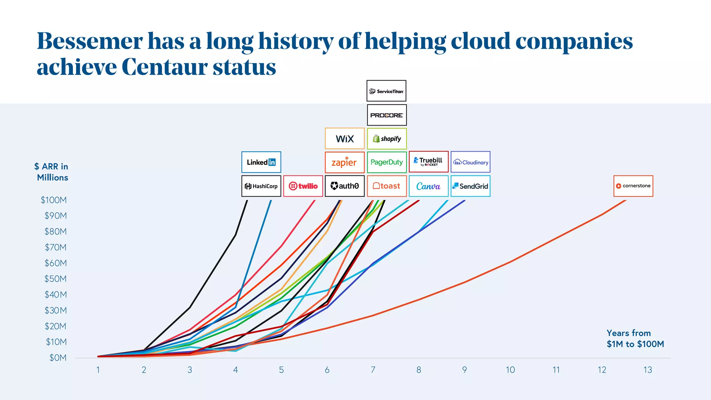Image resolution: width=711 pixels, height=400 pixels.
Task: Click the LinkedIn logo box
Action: tap(261, 162)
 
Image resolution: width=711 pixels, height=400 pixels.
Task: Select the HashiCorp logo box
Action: tap(261, 186)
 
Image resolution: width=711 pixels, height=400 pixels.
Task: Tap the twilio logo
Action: tap(303, 186)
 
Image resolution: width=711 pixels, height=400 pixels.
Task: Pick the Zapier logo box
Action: tap(344, 162)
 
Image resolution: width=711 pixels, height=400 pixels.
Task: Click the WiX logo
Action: tap(344, 139)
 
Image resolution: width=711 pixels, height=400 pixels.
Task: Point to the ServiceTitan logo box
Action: tap(386, 91)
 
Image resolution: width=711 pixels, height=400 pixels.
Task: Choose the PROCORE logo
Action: tap(386, 115)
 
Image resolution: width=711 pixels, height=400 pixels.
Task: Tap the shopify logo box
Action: tap(386, 139)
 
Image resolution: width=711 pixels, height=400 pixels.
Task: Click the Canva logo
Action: tap(428, 186)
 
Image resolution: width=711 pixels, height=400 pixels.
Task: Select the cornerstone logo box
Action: tap(633, 186)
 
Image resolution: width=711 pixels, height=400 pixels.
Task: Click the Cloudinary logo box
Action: tap(470, 162)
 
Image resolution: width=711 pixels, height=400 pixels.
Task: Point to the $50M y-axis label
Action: tap(55, 279)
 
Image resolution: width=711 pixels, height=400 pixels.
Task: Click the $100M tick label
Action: tap(53, 200)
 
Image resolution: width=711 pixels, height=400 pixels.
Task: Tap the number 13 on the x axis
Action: tap(647, 370)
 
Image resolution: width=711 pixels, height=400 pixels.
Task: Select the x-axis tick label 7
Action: tap(373, 370)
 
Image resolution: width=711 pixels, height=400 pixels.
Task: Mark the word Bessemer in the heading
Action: tap(90, 41)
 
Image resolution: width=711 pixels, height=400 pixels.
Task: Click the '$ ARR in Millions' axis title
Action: tap(52, 172)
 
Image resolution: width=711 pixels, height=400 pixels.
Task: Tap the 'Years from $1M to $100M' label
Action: tap(635, 339)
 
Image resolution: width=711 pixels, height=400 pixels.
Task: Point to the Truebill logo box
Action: tap(428, 162)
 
